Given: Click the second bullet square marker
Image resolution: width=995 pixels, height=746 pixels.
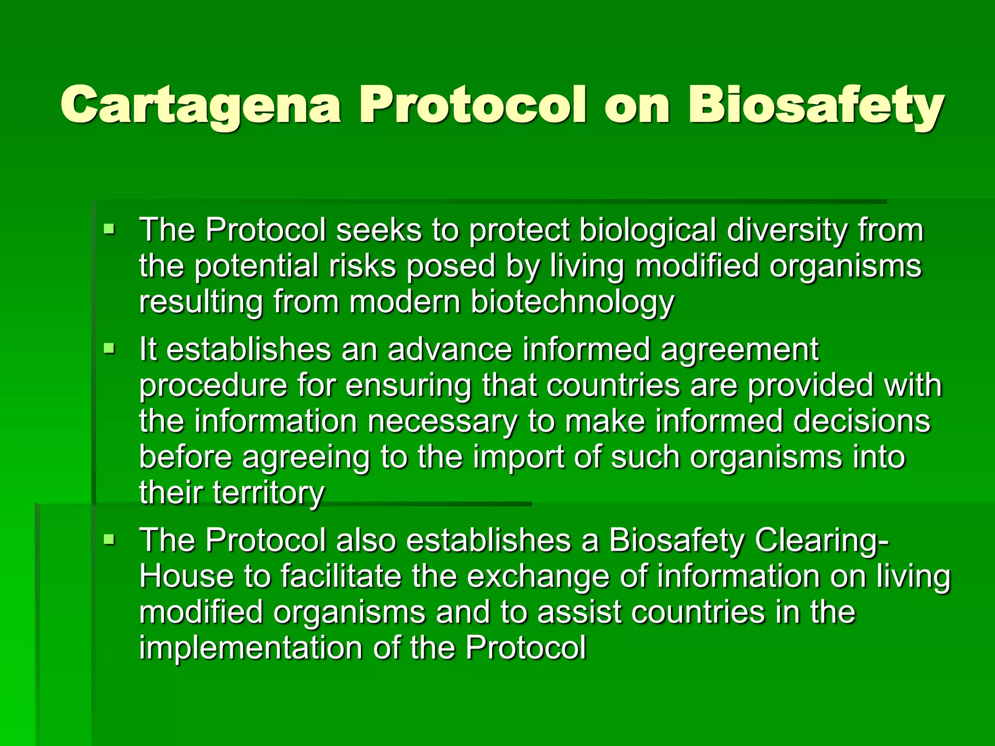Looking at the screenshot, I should pyautogui.click(x=109, y=348).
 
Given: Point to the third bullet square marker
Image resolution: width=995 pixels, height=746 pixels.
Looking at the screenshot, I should pyautogui.click(x=109, y=539).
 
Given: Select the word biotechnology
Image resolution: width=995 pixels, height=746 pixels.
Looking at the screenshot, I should pyautogui.click(x=572, y=303).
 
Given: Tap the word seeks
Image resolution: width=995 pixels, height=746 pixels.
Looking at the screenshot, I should pyautogui.click(x=379, y=230).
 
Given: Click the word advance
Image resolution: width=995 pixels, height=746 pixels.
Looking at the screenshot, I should pyautogui.click(x=450, y=350).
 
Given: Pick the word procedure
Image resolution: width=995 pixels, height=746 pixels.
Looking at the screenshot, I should pyautogui.click(x=213, y=386).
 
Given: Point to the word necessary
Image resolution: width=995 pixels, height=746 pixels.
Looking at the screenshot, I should pyautogui.click(x=442, y=422).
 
